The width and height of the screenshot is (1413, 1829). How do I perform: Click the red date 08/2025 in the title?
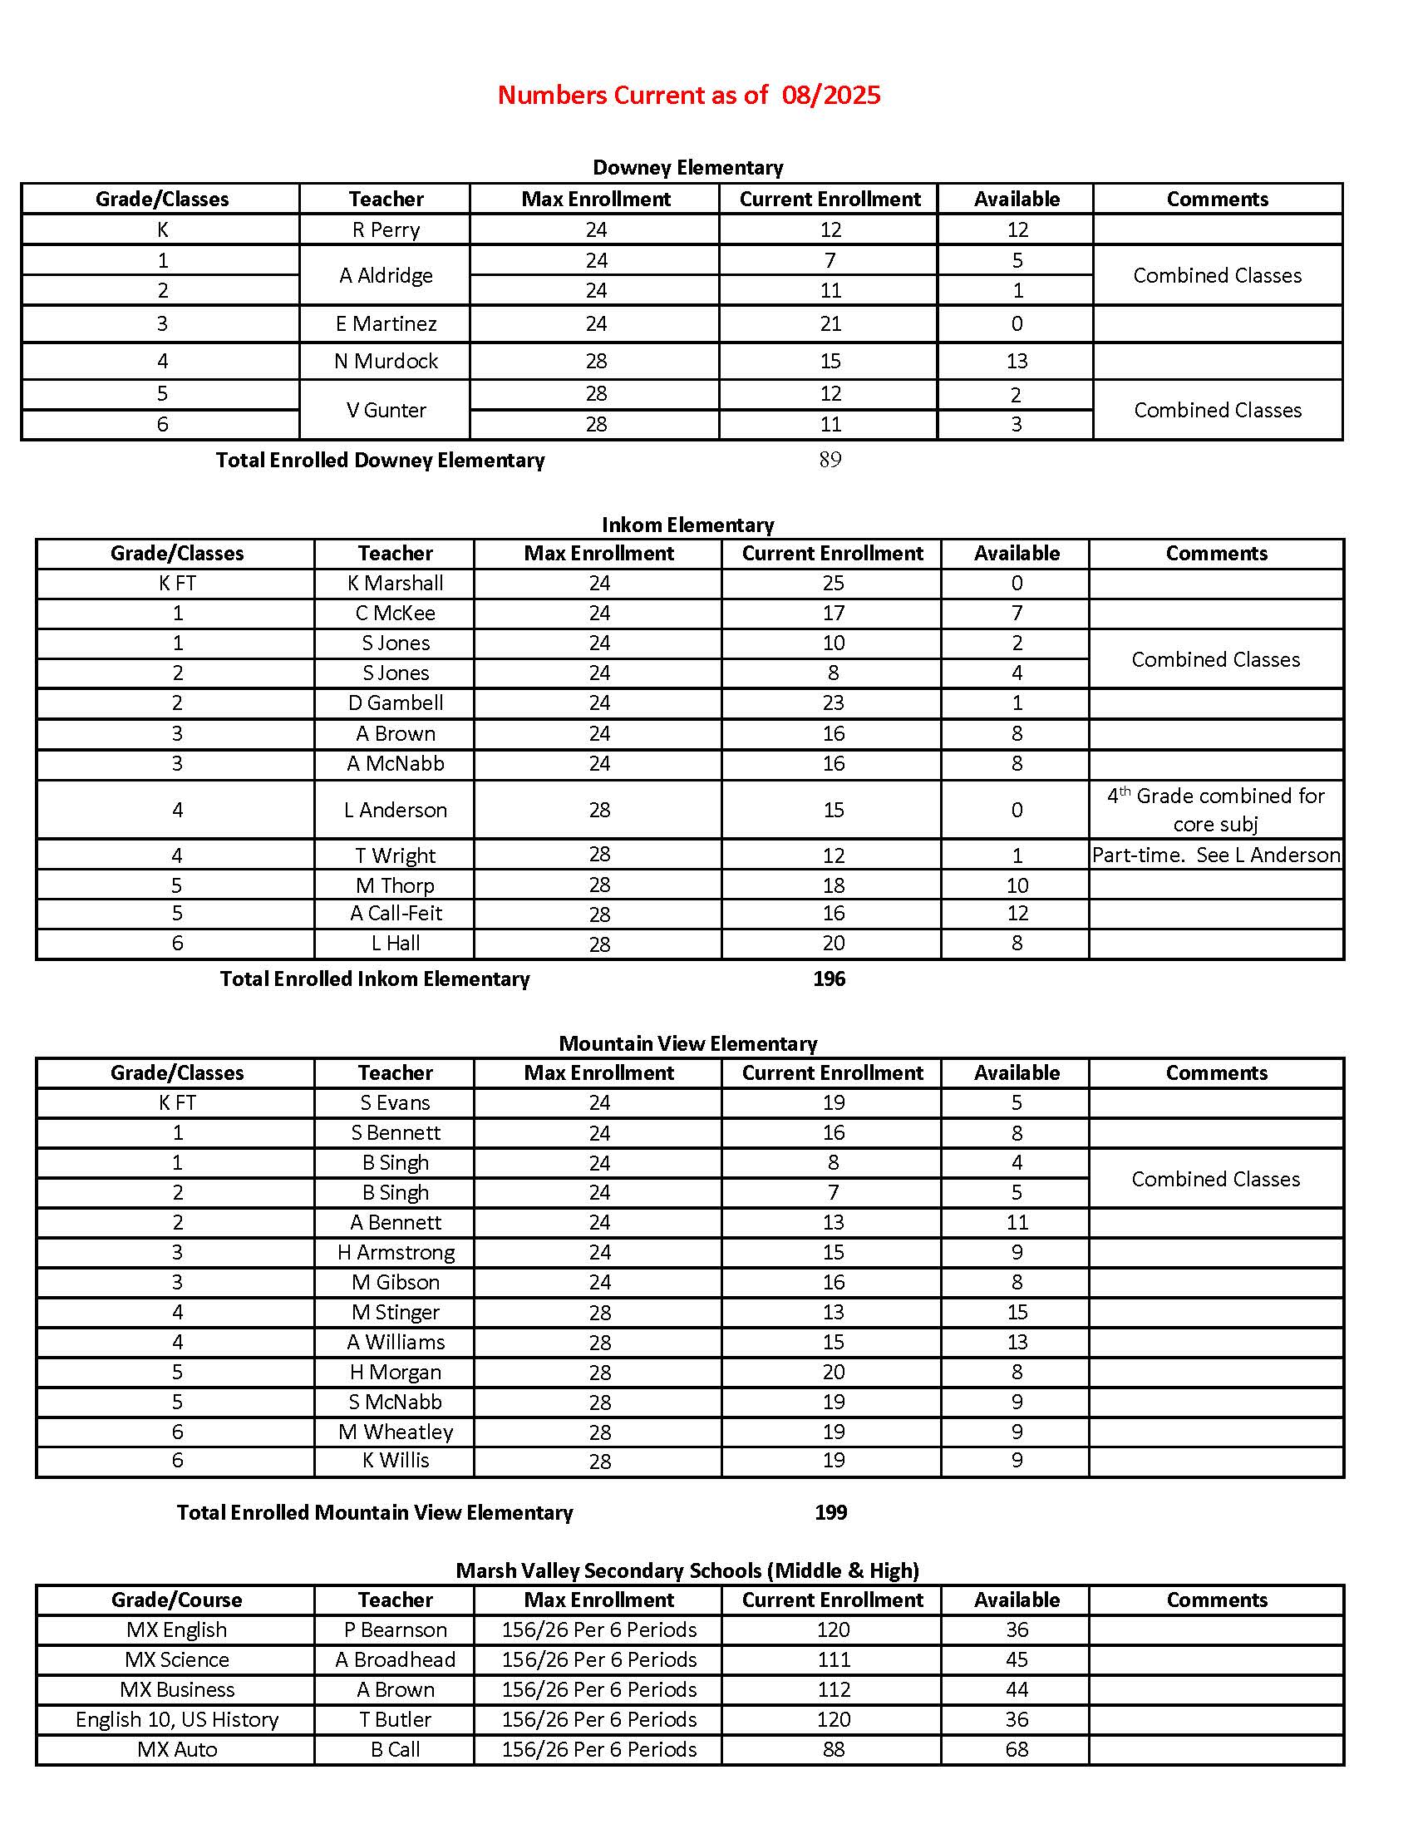coord(830,95)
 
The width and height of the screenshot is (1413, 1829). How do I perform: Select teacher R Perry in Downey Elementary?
coord(386,229)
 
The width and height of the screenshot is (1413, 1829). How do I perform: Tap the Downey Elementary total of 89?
coord(830,460)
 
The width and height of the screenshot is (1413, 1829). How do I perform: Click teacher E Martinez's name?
coord(386,324)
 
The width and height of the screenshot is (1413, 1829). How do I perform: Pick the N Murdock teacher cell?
coord(386,361)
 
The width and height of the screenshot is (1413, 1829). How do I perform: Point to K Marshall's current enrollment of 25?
coord(833,584)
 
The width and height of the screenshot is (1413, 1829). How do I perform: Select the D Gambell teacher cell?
coord(395,703)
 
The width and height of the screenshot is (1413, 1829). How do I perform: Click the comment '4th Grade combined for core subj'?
coord(1215,810)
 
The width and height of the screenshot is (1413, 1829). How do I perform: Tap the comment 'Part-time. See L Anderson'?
coord(1215,855)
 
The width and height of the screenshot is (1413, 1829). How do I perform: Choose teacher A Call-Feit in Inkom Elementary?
coord(395,914)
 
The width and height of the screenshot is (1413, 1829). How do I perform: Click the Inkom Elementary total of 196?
coord(830,979)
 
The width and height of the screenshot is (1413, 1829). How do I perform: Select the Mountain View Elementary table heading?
coord(688,1043)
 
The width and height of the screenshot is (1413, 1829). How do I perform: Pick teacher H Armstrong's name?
coord(395,1253)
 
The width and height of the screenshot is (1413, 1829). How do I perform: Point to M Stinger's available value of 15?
coord(1017,1312)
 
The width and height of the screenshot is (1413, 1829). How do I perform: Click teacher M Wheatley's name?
coord(395,1432)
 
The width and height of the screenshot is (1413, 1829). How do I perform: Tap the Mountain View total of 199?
coord(830,1512)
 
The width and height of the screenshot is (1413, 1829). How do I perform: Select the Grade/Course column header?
coord(176,1600)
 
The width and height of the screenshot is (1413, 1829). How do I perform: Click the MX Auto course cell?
coord(176,1749)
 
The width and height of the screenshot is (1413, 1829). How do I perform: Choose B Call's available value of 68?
coord(1017,1749)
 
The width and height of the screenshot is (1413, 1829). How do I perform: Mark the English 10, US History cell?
coord(176,1719)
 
